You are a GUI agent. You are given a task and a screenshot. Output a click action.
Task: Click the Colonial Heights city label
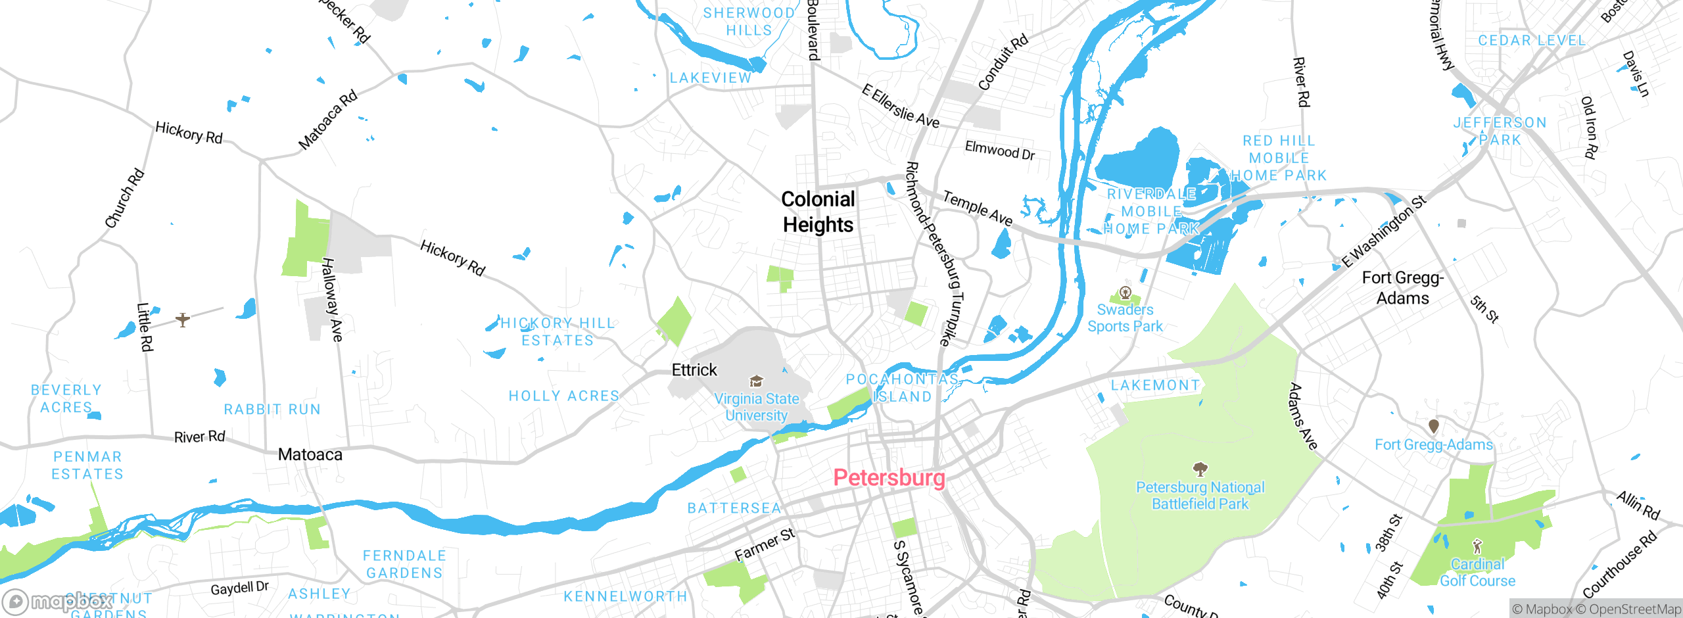(x=818, y=212)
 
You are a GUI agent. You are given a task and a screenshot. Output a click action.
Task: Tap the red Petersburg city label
(x=889, y=477)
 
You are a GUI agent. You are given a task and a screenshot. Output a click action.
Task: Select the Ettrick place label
(x=694, y=370)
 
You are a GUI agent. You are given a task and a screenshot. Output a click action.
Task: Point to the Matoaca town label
(x=310, y=454)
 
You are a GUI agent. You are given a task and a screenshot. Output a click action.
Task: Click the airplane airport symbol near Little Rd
(x=183, y=320)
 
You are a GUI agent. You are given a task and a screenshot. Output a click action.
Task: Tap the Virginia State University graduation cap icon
(x=757, y=381)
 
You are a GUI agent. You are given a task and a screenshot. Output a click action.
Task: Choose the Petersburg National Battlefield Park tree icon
(x=1200, y=469)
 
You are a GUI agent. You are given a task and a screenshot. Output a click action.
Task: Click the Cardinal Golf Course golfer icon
(x=1477, y=546)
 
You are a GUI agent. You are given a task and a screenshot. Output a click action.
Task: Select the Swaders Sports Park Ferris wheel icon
(x=1126, y=292)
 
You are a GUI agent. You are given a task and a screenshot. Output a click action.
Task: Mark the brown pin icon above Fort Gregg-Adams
(x=1434, y=426)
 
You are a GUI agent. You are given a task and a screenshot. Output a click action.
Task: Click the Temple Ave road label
(x=978, y=208)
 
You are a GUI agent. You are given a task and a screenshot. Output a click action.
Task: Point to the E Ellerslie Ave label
(x=900, y=107)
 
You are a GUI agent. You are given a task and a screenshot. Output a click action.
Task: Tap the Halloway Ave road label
(x=331, y=300)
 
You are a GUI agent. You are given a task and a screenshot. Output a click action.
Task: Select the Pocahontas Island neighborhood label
(x=902, y=388)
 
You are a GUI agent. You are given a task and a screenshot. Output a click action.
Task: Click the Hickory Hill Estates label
(x=557, y=331)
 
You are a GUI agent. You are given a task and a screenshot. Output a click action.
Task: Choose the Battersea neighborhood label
(x=734, y=508)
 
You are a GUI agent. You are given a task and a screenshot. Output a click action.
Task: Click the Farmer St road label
(x=765, y=545)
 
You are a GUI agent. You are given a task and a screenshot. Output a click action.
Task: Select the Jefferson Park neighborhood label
(x=1500, y=131)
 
